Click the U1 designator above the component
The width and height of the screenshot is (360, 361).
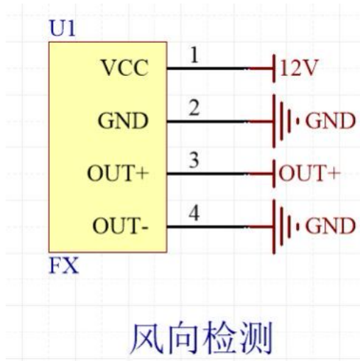62,28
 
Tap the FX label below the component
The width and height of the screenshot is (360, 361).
63,266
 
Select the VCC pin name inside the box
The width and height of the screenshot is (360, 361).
125,68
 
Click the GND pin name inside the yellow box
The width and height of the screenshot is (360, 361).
123,121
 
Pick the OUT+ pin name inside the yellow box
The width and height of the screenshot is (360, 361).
118,173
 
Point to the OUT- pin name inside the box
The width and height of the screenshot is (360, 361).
121,226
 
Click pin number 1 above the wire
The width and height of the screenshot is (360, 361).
195,55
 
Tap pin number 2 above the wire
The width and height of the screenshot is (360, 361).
194,108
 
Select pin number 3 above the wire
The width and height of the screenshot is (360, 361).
194,160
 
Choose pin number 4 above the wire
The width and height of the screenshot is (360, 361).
194,213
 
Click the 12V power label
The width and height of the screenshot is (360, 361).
298,68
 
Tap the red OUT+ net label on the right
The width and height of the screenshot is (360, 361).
310,173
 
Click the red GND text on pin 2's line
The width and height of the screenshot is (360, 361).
330,121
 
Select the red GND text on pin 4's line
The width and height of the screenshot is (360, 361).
330,226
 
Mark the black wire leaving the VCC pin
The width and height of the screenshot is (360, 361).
208,69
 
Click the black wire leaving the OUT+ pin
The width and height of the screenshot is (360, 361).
208,174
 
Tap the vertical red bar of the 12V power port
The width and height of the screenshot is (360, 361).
274,68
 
